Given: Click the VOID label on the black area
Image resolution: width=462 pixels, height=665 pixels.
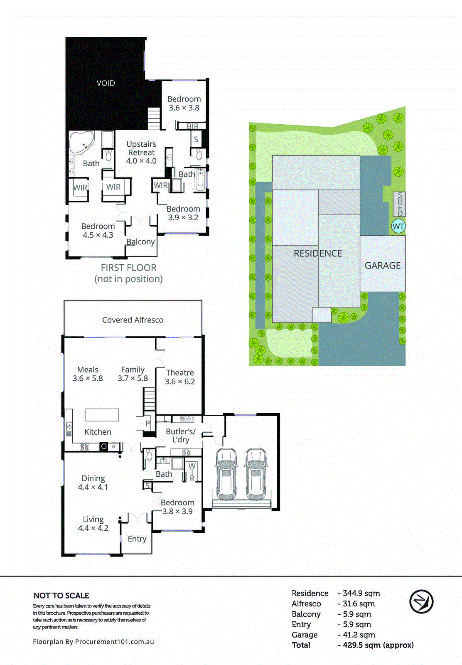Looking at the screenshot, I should (x=106, y=83).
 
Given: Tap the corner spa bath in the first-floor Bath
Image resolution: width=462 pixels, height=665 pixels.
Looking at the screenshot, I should (x=81, y=143).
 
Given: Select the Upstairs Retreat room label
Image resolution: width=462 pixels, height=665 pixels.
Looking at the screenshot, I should (x=141, y=152).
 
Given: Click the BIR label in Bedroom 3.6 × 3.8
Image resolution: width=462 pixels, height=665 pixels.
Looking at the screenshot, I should (x=192, y=126).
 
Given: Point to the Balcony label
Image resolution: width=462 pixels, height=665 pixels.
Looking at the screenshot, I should (x=140, y=242).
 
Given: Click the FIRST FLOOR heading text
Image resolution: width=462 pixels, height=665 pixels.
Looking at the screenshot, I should (x=129, y=268).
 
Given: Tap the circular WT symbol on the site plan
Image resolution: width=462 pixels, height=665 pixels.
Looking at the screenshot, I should (x=398, y=227).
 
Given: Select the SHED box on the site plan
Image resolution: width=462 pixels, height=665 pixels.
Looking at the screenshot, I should (x=399, y=204).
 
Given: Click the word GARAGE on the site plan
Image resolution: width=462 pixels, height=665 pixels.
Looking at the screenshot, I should (x=383, y=265).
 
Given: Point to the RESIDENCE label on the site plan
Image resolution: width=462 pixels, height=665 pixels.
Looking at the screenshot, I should (x=318, y=253).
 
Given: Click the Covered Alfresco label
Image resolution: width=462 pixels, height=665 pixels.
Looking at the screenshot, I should (x=133, y=320).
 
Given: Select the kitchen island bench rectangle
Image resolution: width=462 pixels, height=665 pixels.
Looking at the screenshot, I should (x=102, y=415).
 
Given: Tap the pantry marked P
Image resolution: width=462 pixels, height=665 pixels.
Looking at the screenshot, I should (x=147, y=424).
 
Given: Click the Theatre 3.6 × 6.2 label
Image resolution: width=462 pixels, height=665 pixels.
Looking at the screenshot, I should (x=180, y=377).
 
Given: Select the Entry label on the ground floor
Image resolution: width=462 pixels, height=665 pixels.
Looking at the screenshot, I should (x=137, y=539).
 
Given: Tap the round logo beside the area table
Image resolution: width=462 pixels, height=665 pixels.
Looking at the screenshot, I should (x=421, y=601).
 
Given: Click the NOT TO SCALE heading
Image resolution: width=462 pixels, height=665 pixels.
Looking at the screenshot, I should (x=61, y=596).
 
